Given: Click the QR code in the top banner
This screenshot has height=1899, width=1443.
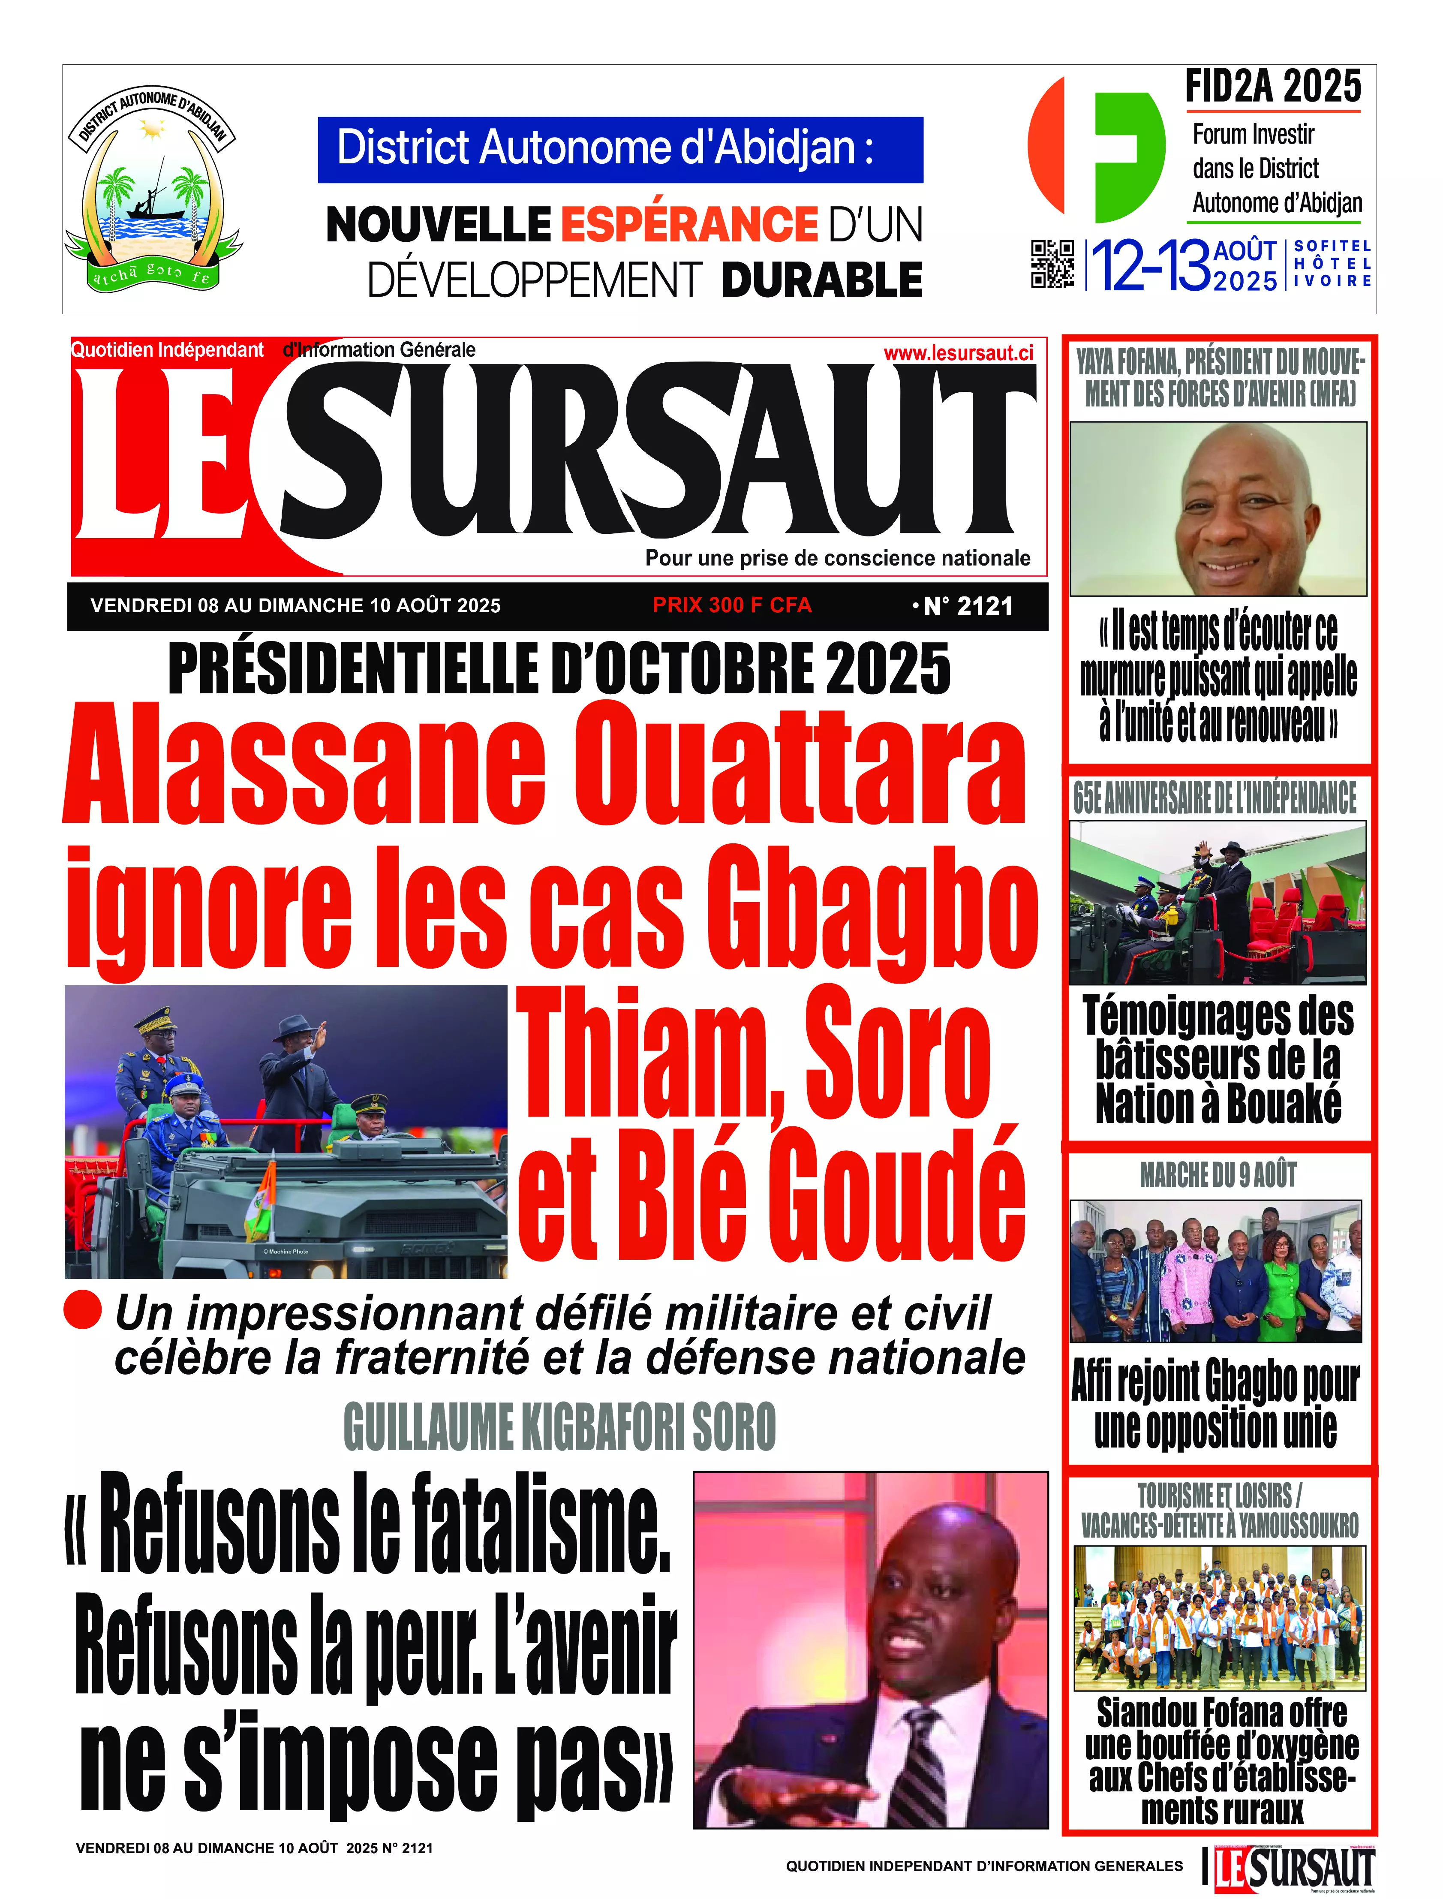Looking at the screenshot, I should coord(1052,264).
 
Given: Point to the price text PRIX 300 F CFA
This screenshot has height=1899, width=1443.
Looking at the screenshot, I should coord(732,605).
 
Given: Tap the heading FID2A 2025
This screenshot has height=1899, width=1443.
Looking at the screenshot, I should coord(1273,87).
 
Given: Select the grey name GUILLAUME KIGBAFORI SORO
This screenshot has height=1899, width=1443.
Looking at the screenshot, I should coord(559,1427).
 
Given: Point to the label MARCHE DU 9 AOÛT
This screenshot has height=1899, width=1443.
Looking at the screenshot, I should coord(1218,1175).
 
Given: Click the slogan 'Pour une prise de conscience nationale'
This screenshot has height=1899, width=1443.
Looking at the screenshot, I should coord(837,558).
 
